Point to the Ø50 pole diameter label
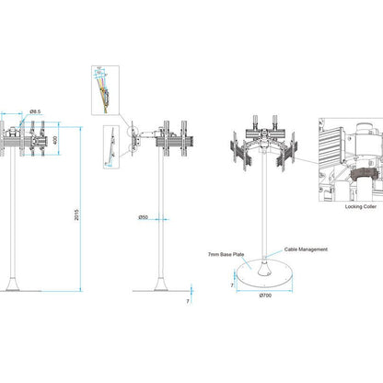(x=144, y=217)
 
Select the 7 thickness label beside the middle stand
(x=187, y=300)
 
